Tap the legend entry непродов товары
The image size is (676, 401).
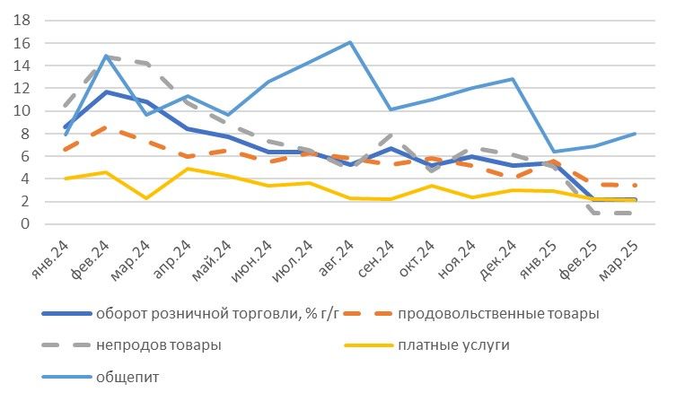point(158,345)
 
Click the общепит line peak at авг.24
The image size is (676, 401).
point(349,42)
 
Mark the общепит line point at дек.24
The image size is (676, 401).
point(513,79)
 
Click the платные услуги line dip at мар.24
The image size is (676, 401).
point(146,197)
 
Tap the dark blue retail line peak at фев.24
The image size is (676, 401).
point(106,92)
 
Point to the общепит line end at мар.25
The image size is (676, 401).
point(636,134)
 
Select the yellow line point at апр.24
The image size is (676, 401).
point(187,169)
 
